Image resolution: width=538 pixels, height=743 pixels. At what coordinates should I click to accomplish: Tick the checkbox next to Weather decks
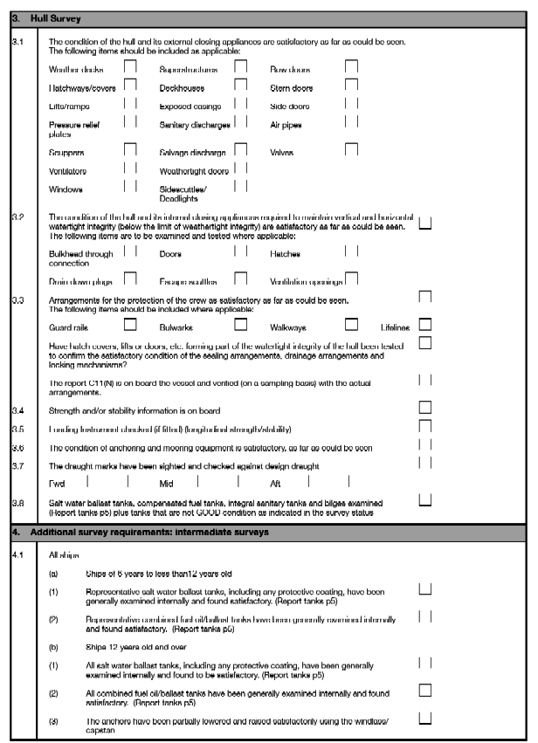[x=130, y=65]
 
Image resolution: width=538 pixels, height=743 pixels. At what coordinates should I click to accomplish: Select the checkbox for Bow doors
[x=351, y=65]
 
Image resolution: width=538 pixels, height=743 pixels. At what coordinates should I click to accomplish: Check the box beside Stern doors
[x=351, y=85]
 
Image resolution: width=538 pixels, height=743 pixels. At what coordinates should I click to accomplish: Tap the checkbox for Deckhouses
[x=241, y=85]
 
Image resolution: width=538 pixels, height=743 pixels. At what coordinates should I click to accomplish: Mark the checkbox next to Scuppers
[x=130, y=150]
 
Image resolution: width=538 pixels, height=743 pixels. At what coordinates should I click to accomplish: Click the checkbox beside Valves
[x=351, y=150]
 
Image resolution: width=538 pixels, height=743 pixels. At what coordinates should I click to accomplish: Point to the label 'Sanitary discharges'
[x=193, y=126]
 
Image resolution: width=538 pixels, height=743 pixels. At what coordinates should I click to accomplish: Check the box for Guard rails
[x=130, y=325]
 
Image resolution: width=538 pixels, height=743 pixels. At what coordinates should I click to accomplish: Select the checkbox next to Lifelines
[x=425, y=325]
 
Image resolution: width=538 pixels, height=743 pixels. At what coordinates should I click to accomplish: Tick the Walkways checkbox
[x=351, y=325]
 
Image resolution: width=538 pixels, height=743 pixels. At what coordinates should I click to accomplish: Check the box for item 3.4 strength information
[x=425, y=407]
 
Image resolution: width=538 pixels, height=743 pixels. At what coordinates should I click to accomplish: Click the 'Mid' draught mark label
[x=166, y=483]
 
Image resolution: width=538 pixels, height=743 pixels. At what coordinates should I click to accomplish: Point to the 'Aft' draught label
[x=276, y=483]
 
